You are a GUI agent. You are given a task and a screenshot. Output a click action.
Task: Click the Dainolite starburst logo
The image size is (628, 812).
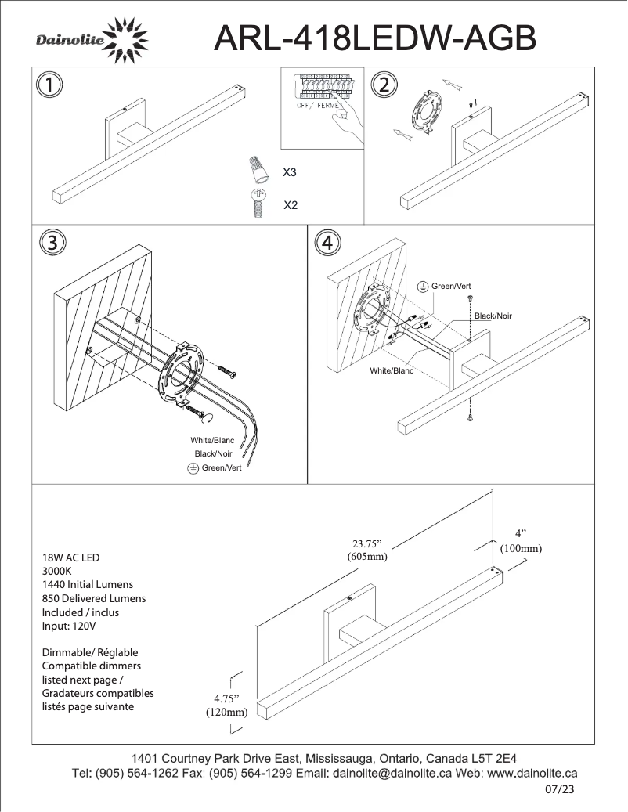pos(125,41)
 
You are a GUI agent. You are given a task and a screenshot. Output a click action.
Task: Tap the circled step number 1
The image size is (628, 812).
pos(51,85)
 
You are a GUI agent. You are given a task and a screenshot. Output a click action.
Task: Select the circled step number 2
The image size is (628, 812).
pos(384,85)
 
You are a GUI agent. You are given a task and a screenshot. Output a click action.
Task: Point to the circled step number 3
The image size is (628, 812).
pos(51,242)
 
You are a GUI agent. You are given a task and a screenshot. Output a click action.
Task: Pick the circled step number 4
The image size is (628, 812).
pos(327,243)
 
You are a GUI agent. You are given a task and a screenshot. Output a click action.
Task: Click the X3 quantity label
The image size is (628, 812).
pos(290,171)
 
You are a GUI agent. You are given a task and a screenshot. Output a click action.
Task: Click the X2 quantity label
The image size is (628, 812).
pos(290,205)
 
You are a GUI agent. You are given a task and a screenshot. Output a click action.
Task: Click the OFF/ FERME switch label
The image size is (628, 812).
pos(317,106)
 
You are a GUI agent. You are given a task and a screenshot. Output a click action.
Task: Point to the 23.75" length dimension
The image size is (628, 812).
pos(367,544)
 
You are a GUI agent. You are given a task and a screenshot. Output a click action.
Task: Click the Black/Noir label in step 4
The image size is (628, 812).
pos(493,316)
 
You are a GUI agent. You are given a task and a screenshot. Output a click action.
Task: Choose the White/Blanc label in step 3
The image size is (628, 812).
pos(212,441)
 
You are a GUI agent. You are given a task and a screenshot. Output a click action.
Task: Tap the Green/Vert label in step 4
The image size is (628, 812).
pos(451,287)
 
